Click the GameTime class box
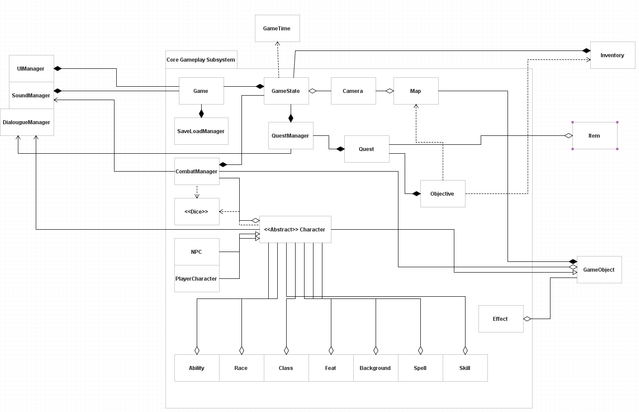tap(277, 28)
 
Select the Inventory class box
tap(613, 55)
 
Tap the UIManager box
tap(31, 69)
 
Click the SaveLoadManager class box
tap(201, 131)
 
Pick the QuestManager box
tap(291, 136)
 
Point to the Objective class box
tap(443, 194)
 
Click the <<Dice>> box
tap(197, 212)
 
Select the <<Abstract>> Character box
tap(295, 230)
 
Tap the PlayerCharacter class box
tap(197, 279)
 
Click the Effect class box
tap(501, 319)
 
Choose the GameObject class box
tap(599, 270)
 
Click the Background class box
tap(376, 368)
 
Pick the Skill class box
tap(465, 368)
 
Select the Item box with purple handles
tap(595, 136)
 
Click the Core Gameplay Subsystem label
tap(201, 60)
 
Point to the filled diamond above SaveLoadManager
tap(201, 114)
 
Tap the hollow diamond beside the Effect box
tap(527, 319)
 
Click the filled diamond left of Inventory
tap(586, 51)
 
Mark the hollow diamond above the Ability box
tap(197, 350)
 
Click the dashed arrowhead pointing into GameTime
tap(277, 44)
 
